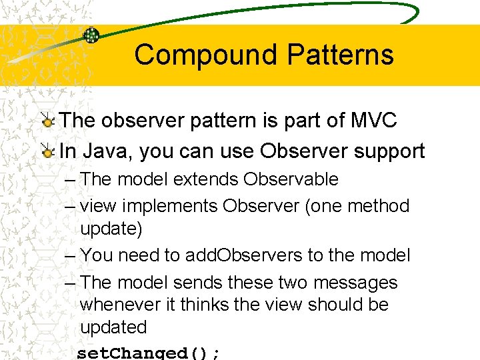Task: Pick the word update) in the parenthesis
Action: pos(111,229)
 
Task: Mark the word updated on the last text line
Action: pos(113,327)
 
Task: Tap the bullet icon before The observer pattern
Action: pos(47,121)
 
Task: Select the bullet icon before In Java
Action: pos(47,152)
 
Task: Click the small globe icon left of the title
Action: pos(91,35)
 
